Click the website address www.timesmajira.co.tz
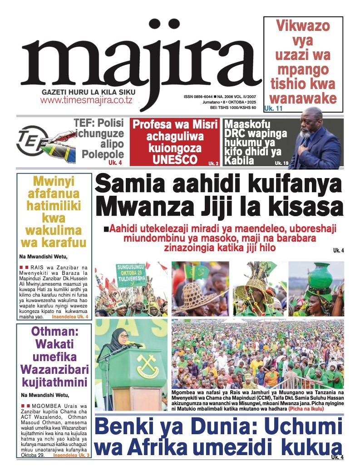[x=86, y=100]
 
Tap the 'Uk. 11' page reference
[x=273, y=109]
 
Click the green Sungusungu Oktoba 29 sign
[x=131, y=275]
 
